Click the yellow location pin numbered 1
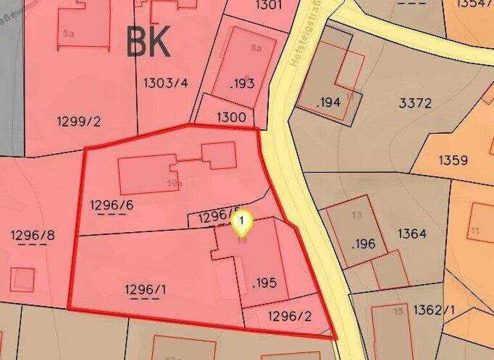241,222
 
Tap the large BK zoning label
149,42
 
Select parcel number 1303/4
165,82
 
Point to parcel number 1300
231,118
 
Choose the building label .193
242,83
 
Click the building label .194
328,102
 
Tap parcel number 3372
415,103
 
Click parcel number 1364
412,233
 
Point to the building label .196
363,244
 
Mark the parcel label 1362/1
434,310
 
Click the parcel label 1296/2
289,316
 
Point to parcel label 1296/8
33,235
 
